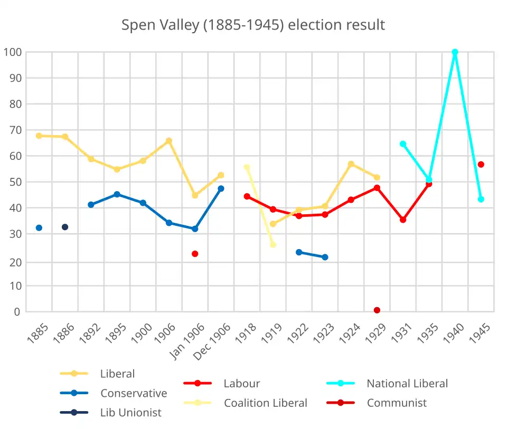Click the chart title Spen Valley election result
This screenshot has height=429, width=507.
pyautogui.click(x=253, y=25)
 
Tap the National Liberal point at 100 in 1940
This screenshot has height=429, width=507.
pyautogui.click(x=455, y=52)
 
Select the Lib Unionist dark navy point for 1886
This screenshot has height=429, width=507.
pyautogui.click(x=65, y=227)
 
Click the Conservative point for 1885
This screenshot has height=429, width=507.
pyautogui.click(x=39, y=228)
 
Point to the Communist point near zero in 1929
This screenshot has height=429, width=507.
pyautogui.click(x=377, y=310)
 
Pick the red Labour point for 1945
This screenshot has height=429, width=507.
pyautogui.click(x=481, y=165)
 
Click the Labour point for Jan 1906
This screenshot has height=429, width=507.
pyautogui.click(x=195, y=254)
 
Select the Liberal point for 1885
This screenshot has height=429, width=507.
pyautogui.click(x=39, y=136)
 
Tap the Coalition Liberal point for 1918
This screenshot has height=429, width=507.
pyautogui.click(x=247, y=167)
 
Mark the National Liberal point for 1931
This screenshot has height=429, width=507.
pyautogui.click(x=403, y=144)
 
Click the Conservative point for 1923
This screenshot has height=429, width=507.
pyautogui.click(x=325, y=257)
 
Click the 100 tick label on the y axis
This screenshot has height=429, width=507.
pyautogui.click(x=12, y=52)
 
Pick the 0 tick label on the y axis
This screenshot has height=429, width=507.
pyautogui.click(x=17, y=312)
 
